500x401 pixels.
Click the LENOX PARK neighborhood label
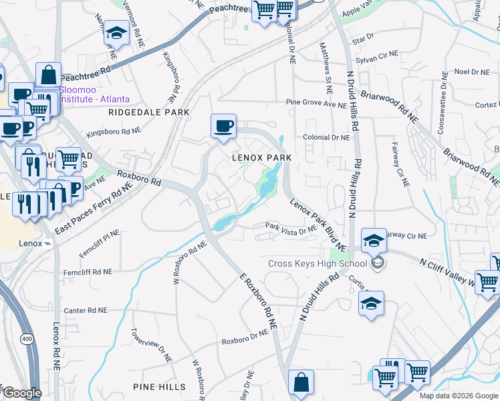coord(261,158)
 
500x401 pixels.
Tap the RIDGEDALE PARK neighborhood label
coord(149,113)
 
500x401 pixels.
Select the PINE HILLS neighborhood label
coord(159,387)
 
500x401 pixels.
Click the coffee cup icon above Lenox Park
coord(223,125)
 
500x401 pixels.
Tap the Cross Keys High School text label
coord(318,263)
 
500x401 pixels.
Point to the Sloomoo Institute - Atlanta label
coord(94,94)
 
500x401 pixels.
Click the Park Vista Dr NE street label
coord(290,227)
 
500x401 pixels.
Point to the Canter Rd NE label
coord(85,311)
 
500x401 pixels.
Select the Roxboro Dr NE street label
coord(245,340)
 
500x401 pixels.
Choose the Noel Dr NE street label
coord(472,72)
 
